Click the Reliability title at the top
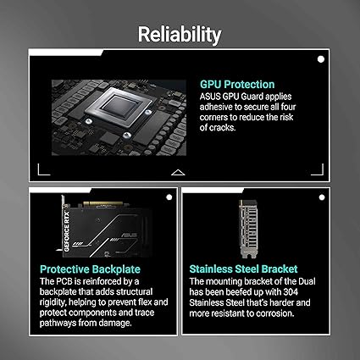[180, 34]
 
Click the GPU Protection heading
[237, 85]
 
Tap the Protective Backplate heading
[90, 269]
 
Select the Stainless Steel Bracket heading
[243, 269]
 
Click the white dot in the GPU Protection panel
[321, 59]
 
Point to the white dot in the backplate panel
[169, 197]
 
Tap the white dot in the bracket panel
[322, 197]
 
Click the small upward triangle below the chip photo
[178, 173]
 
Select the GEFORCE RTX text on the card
[67, 231]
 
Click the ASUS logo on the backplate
[129, 235]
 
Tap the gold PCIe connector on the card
[102, 204]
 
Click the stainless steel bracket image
[248, 229]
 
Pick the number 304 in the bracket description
[291, 291]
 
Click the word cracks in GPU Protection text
[222, 128]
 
